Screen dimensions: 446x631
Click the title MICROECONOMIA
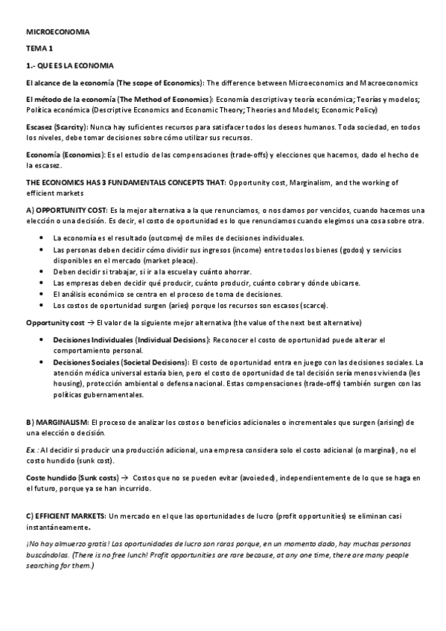pos(57,33)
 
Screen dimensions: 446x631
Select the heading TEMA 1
pos(39,49)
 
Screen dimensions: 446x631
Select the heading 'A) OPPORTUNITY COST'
pos(66,211)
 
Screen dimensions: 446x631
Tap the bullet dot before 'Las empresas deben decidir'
pos(39,284)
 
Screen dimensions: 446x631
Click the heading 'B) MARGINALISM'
pos(57,423)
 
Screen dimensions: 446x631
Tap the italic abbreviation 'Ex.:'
pos(33,451)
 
